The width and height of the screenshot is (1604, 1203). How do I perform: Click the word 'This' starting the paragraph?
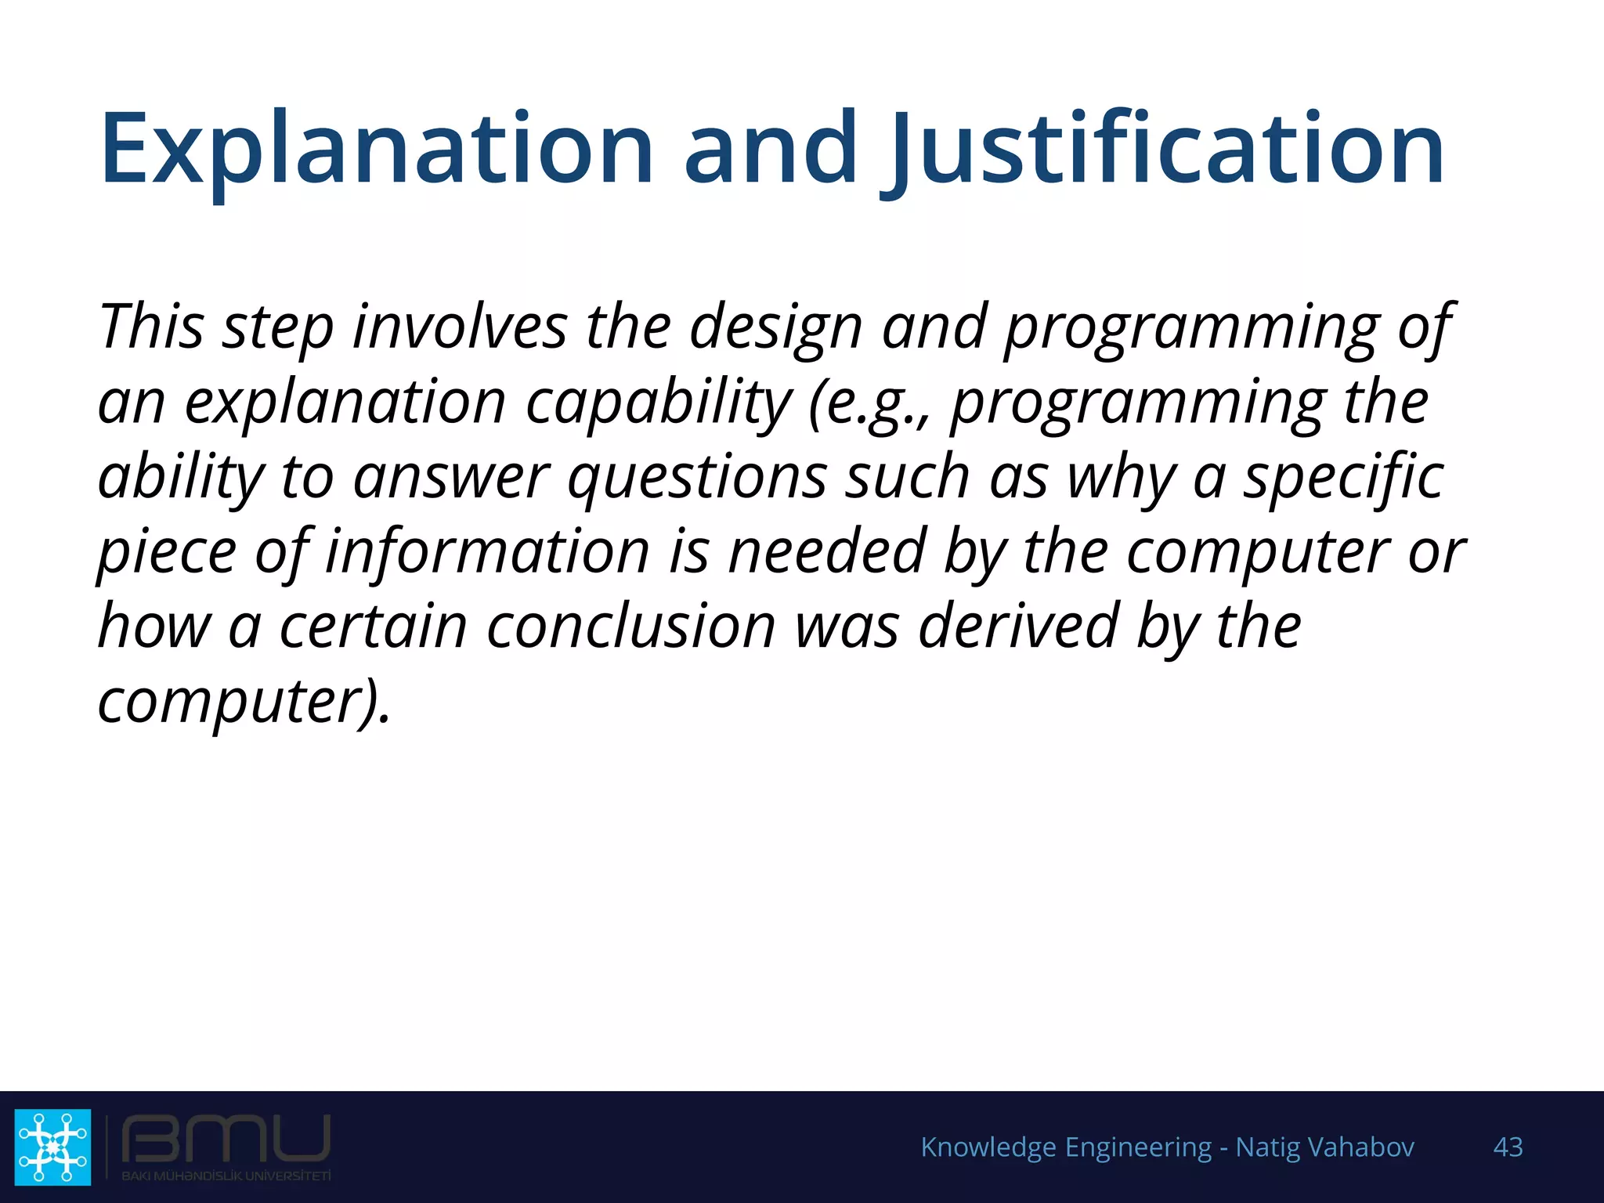pos(151,326)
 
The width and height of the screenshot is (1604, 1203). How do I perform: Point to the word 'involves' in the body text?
pos(460,326)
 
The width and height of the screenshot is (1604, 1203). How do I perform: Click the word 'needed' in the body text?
pos(827,551)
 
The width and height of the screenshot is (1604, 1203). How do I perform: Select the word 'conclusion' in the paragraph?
pos(630,626)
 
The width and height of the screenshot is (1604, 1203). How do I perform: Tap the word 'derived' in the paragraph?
pos(1018,626)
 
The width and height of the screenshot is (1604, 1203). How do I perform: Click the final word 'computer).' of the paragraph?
pos(244,701)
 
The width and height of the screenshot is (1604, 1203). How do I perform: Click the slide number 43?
pos(1508,1147)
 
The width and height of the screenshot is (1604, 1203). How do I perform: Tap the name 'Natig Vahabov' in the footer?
pos(1324,1147)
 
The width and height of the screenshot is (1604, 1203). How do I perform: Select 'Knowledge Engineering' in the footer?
pos(1066,1147)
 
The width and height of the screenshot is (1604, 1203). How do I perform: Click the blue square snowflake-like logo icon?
pos(52,1146)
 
